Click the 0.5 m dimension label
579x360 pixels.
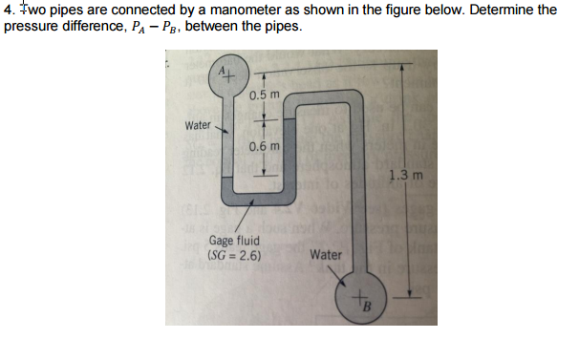pyautogui.click(x=263, y=95)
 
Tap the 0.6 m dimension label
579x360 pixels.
pyautogui.click(x=263, y=147)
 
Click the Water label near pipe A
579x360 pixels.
pyautogui.click(x=198, y=125)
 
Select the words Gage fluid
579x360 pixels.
pyautogui.click(x=233, y=243)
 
